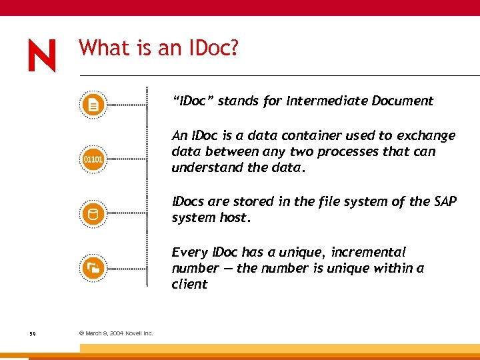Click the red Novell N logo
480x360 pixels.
tap(42, 55)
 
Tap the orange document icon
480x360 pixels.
tap(93, 105)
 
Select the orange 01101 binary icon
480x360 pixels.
tap(93, 159)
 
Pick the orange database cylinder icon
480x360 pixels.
tap(93, 214)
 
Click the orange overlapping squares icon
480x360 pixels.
tap(93, 268)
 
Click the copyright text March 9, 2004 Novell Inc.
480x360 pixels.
tap(116, 333)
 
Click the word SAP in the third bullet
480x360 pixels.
tap(445, 202)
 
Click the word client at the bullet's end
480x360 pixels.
tap(189, 284)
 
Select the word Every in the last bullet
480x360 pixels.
tap(189, 253)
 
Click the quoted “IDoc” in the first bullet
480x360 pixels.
tap(193, 101)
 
